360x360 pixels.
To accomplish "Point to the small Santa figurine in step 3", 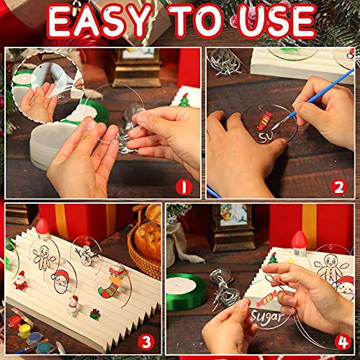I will (x=21, y=280).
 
